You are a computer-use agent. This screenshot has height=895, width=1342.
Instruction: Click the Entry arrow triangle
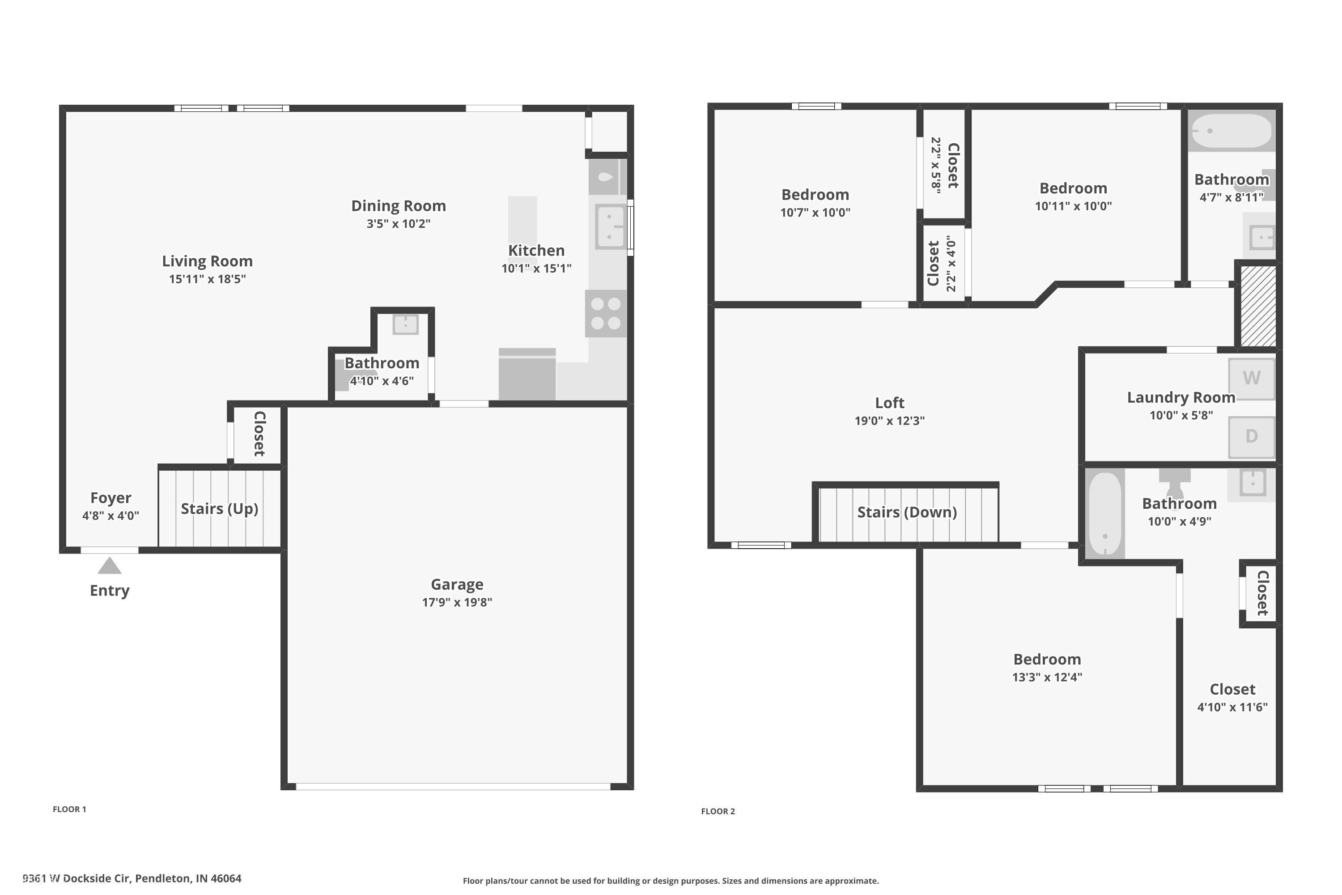(x=110, y=566)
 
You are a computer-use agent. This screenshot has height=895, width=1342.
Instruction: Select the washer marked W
(x=1251, y=378)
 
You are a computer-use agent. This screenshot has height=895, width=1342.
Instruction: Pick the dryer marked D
(x=1251, y=437)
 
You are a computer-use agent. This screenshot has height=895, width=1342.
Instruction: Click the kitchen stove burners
(x=605, y=313)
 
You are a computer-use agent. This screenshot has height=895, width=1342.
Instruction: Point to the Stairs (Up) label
(x=219, y=508)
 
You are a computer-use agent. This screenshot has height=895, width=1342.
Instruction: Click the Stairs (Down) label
(x=907, y=512)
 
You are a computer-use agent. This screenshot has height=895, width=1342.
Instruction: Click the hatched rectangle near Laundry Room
(x=1258, y=305)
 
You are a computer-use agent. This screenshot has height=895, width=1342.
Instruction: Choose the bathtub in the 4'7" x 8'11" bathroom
(x=1232, y=131)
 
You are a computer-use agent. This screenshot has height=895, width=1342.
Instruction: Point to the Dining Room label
(x=398, y=205)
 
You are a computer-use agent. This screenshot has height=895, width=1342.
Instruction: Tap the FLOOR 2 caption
(x=718, y=811)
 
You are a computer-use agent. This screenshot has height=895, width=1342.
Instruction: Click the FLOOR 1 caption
(x=70, y=809)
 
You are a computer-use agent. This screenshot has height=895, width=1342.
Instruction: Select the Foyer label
(x=110, y=498)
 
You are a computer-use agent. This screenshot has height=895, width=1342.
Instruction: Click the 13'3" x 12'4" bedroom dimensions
(x=1047, y=677)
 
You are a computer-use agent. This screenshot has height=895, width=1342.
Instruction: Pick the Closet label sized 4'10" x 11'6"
(x=1232, y=690)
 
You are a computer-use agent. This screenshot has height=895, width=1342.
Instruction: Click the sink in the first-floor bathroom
(x=405, y=324)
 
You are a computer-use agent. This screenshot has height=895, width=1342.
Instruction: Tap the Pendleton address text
(x=132, y=878)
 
